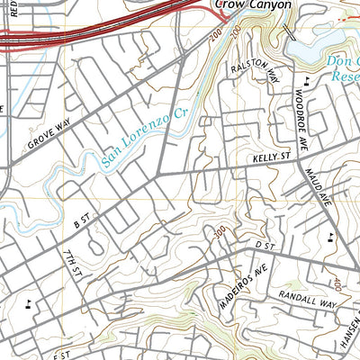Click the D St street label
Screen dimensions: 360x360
tap(263, 244)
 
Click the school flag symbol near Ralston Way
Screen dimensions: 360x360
tap(308, 80)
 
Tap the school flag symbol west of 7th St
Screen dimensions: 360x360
tap(31, 301)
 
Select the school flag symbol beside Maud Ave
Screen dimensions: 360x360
tap(331, 237)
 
